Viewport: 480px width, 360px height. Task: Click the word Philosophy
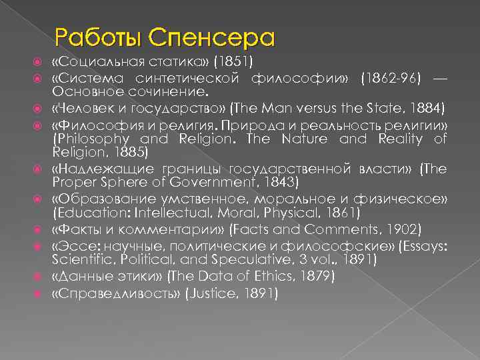88,139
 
